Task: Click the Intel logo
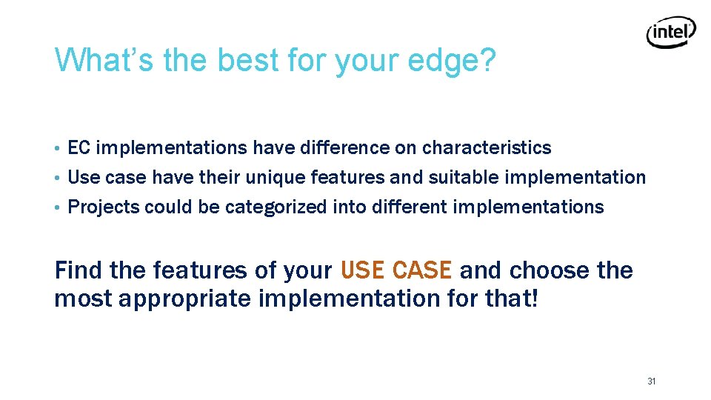[x=671, y=33]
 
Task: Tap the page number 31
[x=652, y=381]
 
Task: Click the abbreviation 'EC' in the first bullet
[x=79, y=148]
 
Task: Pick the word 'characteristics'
[x=487, y=148]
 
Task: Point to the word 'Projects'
[x=104, y=207]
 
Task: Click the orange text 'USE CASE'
[x=395, y=270]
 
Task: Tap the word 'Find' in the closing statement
[x=79, y=270]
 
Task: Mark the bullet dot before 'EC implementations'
[x=58, y=149]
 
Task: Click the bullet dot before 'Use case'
[x=58, y=179]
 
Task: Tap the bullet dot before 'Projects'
[x=58, y=208]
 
